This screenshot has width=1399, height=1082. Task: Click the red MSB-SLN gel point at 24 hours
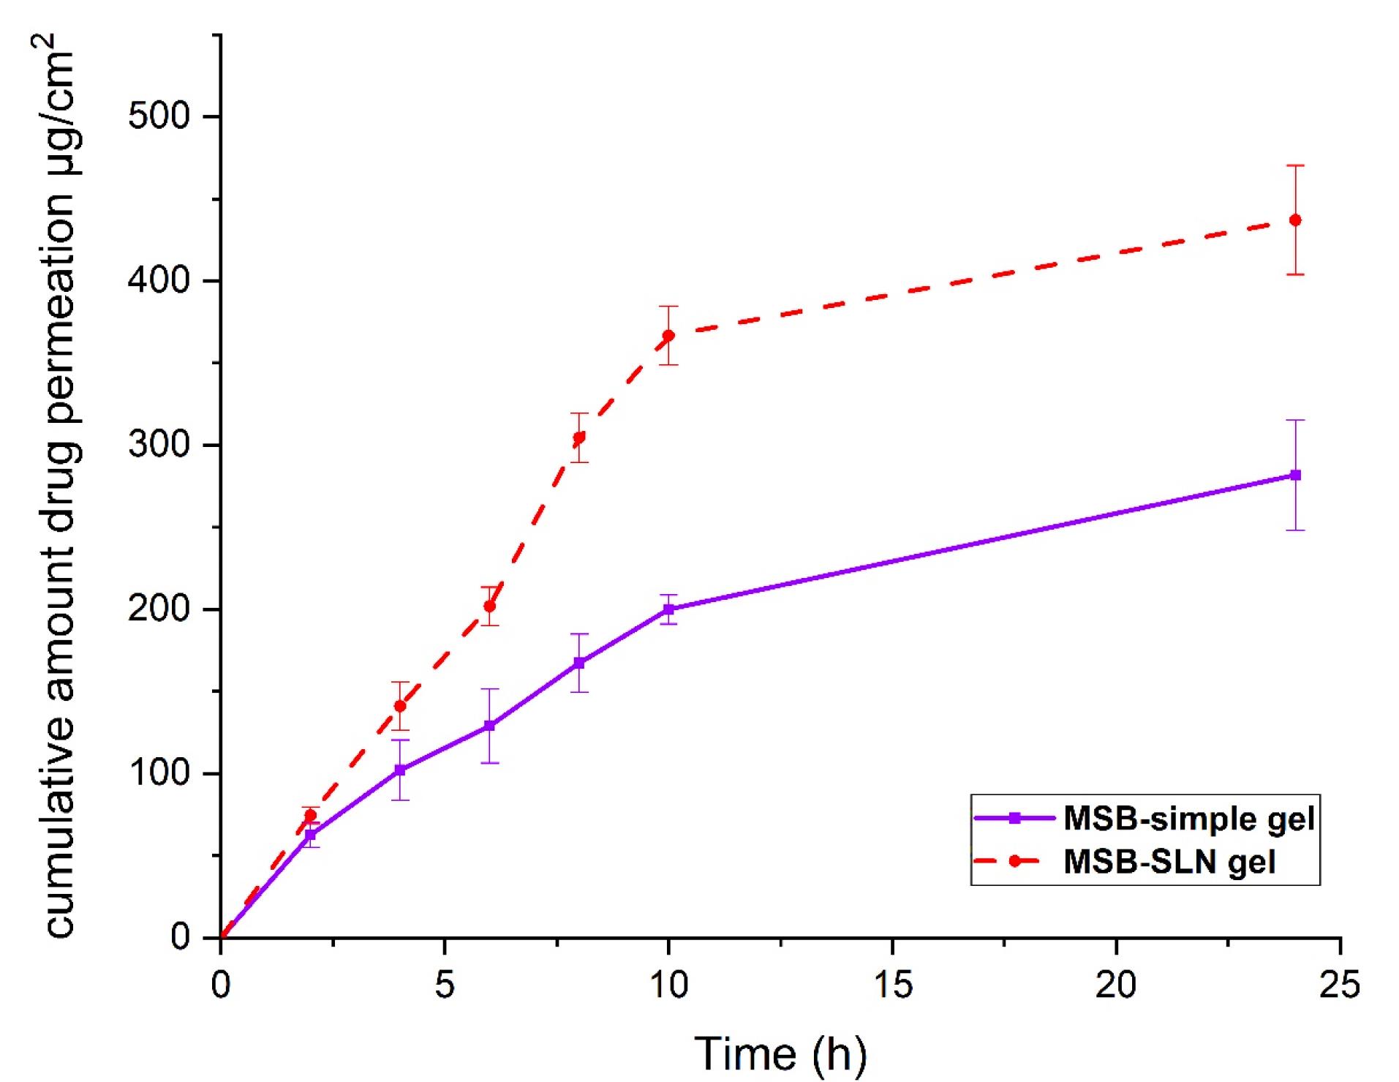[x=1294, y=220]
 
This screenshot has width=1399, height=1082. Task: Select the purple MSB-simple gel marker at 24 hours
[x=1294, y=476]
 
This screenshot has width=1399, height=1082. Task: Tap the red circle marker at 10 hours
[x=668, y=336]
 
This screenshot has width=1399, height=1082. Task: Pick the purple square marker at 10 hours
[x=668, y=609]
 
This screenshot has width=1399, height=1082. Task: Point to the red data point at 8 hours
[x=578, y=438]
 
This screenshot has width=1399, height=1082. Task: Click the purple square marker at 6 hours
[x=489, y=726]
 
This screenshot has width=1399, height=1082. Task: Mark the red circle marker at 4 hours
[x=399, y=706]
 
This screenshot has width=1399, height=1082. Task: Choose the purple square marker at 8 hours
[x=578, y=664]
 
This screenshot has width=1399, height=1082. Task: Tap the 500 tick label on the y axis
[x=159, y=116]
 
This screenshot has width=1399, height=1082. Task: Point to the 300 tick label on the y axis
[x=159, y=445]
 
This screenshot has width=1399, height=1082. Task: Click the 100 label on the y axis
[x=159, y=773]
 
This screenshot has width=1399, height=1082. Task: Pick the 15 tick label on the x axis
[x=892, y=985]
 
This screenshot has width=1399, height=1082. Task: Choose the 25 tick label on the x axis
[x=1340, y=985]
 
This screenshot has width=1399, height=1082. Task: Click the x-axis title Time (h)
[x=780, y=1054]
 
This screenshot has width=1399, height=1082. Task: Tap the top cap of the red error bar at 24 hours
[x=1294, y=166]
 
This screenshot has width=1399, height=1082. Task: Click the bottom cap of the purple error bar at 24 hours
[x=1294, y=530]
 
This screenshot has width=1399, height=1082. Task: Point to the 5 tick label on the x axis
[x=445, y=985]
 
